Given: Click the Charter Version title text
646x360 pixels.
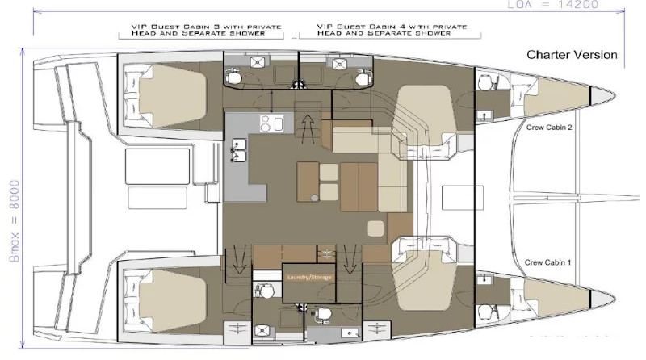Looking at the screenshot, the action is [x=572, y=55].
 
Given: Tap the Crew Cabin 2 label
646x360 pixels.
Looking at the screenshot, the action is [x=549, y=128].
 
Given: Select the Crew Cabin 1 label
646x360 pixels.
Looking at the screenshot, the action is [x=547, y=262].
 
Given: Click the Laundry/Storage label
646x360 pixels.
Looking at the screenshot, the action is [x=309, y=277].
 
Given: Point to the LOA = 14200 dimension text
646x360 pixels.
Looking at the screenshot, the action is [x=552, y=5].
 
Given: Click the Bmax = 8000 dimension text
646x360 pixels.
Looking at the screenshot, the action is [x=15, y=220].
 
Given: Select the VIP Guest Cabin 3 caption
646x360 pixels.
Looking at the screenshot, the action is [x=206, y=30].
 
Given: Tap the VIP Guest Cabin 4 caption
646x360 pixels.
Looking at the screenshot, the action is [x=392, y=30].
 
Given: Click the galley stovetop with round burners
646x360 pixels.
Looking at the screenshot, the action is [x=271, y=123].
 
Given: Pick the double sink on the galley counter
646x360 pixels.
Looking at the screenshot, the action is [x=239, y=150].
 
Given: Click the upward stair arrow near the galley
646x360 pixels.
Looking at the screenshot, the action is [x=307, y=129].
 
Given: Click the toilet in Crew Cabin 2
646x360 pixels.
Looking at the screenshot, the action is [x=486, y=83].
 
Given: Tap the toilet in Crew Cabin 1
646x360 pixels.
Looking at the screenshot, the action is [x=486, y=312].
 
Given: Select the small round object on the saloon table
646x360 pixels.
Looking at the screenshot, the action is [x=314, y=198].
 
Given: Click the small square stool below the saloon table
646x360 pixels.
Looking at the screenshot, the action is [x=375, y=228].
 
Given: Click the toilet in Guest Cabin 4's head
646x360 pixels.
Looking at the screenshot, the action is [x=363, y=77].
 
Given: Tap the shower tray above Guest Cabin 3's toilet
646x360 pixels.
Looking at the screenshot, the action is [x=258, y=62].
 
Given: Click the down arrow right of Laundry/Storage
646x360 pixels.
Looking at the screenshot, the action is [x=350, y=259].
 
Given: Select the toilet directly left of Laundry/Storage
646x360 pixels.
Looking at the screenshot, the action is [x=264, y=291].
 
